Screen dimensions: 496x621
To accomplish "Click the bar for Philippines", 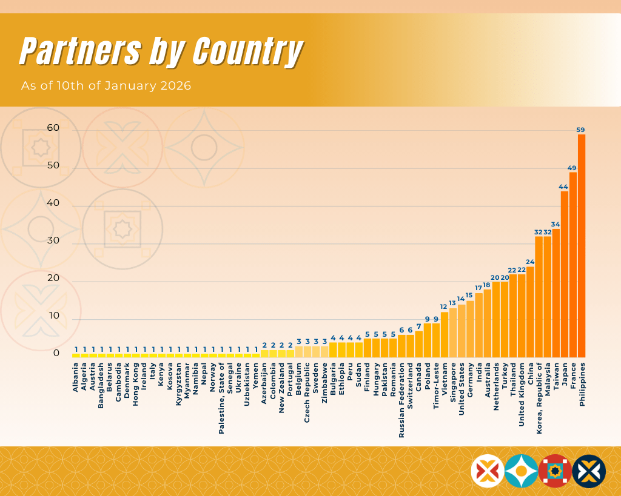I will click(582, 245).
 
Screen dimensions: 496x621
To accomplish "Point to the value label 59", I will click(581, 130).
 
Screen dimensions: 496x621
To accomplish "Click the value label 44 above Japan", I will click(564, 187).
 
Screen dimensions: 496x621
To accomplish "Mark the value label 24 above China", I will click(530, 262).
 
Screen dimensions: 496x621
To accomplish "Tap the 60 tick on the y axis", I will click(53, 128).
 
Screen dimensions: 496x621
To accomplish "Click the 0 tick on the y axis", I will click(56, 353).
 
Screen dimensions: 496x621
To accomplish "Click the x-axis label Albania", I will click(76, 377).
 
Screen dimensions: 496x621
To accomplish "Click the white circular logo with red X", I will click(488, 471).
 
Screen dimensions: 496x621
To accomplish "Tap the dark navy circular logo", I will click(589, 471).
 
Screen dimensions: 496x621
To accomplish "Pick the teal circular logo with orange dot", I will click(521, 471).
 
